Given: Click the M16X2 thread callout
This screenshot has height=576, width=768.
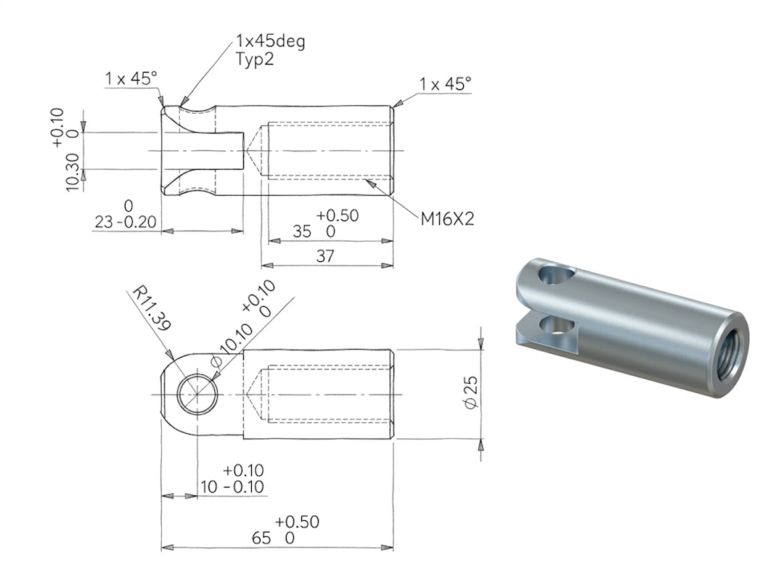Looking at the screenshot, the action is tap(447, 219).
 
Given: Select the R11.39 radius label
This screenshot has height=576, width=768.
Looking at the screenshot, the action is tap(152, 309).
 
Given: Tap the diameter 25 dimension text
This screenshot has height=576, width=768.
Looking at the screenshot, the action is tap(470, 392).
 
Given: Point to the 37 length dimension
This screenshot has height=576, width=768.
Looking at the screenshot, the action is tap(325, 256).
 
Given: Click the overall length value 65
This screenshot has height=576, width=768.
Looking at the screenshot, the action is tap(261, 538).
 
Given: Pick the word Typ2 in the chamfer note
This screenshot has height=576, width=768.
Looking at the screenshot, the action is tap(255, 59).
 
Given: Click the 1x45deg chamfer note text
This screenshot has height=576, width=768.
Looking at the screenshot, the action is tap(270, 41).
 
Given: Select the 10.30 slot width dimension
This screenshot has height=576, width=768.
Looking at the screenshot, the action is tap(72, 172).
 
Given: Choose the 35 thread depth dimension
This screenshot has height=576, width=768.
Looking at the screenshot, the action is tap(302, 231).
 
